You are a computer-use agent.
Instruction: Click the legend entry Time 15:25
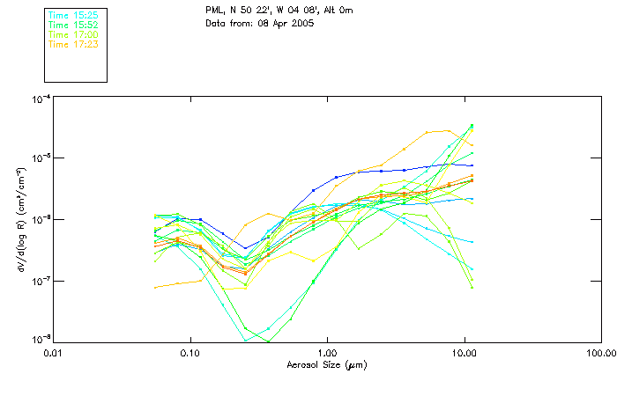(x=73, y=16)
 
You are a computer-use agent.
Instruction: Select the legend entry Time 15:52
(x=73, y=25)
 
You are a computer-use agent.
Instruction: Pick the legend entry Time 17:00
(x=73, y=34)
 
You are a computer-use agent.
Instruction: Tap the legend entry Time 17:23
(x=73, y=43)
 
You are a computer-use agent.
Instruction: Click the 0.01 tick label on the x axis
(x=53, y=352)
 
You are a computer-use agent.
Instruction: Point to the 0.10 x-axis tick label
(x=190, y=352)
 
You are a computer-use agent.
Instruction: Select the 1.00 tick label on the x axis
(x=327, y=352)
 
